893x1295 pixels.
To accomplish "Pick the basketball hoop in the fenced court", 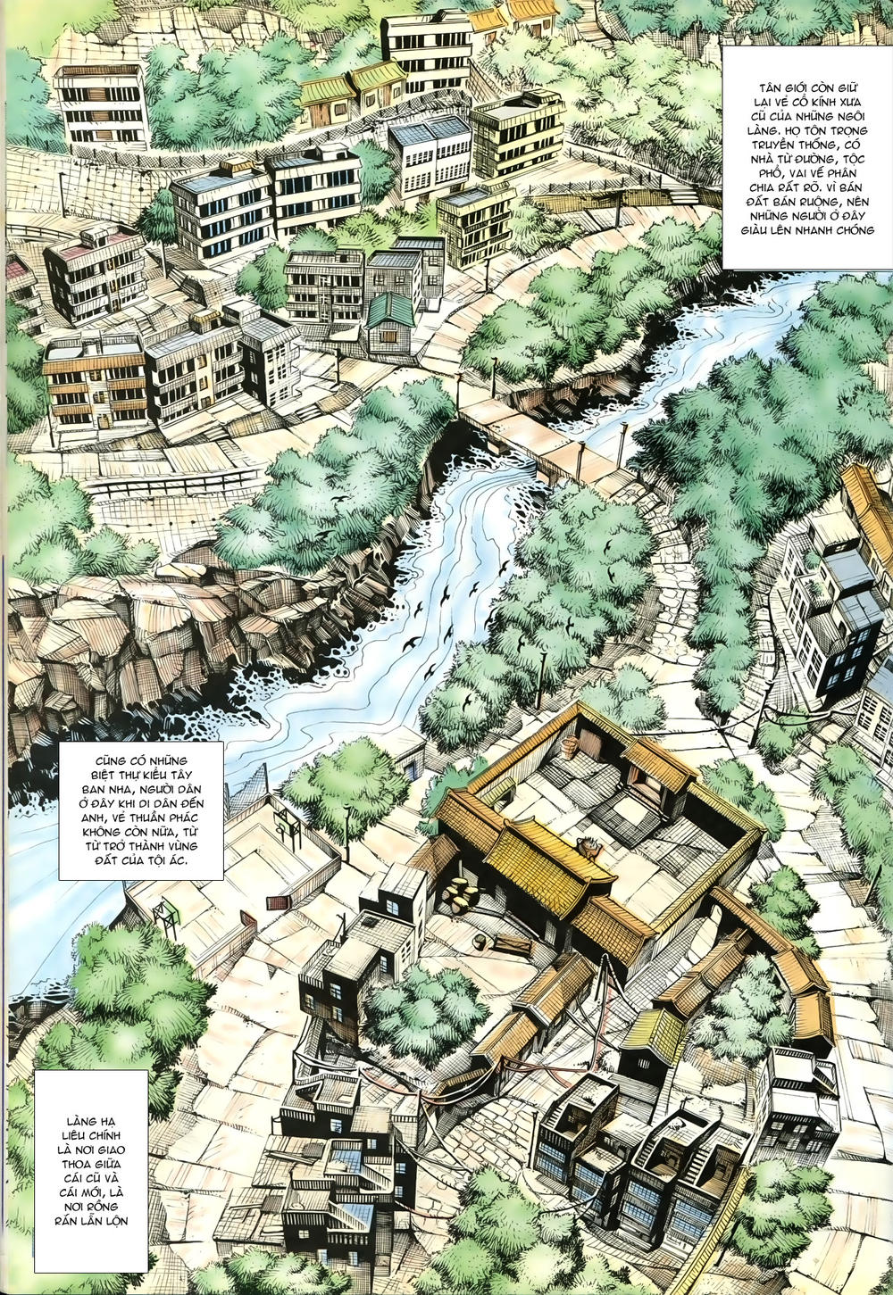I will point(288,830).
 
